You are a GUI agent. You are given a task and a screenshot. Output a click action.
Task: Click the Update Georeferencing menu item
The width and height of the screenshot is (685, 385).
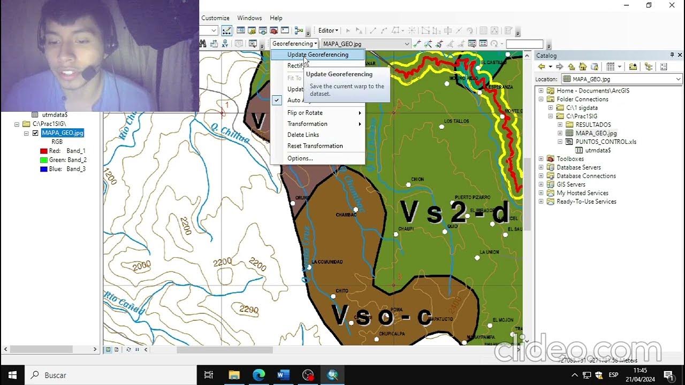pyautogui.click(x=317, y=55)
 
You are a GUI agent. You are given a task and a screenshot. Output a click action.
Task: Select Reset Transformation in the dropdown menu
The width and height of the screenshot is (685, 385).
pyautogui.click(x=315, y=146)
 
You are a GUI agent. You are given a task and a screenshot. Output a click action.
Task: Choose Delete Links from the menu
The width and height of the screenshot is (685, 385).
pyautogui.click(x=303, y=135)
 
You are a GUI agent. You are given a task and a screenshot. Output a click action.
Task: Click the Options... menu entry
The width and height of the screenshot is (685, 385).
pyautogui.click(x=300, y=158)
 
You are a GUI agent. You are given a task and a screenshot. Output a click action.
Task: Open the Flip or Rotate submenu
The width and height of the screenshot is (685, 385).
pyautogui.click(x=305, y=113)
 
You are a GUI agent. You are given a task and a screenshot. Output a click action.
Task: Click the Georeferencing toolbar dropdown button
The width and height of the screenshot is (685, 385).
pyautogui.click(x=294, y=44)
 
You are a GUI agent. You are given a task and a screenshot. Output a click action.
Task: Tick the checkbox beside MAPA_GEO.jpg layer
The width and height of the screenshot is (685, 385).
pyautogui.click(x=36, y=133)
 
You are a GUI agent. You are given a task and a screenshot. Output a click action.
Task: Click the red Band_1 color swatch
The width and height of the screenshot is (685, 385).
pyautogui.click(x=44, y=151)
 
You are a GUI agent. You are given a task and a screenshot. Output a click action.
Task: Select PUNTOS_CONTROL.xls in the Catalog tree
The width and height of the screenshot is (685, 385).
pyautogui.click(x=606, y=142)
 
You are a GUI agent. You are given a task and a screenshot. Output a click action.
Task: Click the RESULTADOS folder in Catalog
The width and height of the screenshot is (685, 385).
pyautogui.click(x=593, y=125)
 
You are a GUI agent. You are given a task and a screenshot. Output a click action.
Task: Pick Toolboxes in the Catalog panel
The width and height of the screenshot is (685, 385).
pyautogui.click(x=570, y=159)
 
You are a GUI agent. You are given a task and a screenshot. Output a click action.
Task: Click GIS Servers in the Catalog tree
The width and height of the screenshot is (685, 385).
pyautogui.click(x=570, y=184)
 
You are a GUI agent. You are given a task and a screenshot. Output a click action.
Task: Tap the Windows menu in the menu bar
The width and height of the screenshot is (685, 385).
pyautogui.click(x=249, y=18)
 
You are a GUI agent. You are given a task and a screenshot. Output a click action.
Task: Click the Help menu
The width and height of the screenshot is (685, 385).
pyautogui.click(x=276, y=18)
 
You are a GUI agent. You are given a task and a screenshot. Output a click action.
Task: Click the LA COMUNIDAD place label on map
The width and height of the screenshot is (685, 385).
pyautogui.click(x=327, y=262)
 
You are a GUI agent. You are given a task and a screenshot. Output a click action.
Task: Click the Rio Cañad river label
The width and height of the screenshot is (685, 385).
pyautogui.click(x=124, y=303)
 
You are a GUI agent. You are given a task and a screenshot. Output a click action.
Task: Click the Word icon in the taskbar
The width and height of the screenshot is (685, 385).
pyautogui.click(x=283, y=375)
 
